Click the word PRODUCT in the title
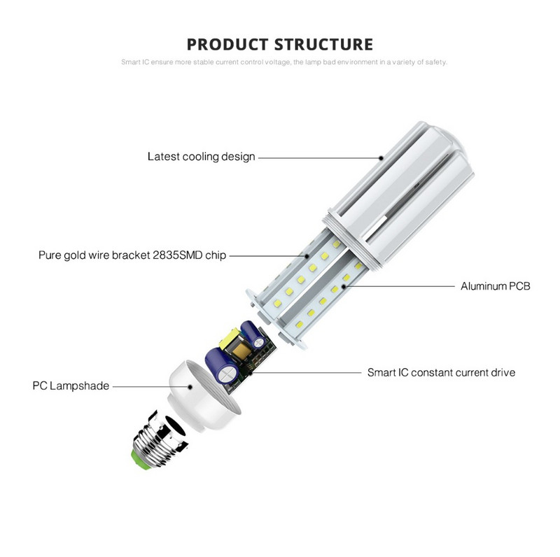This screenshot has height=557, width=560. click(x=230, y=45)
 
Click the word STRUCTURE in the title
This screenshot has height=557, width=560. click(x=323, y=45)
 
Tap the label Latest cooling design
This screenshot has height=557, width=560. click(x=201, y=157)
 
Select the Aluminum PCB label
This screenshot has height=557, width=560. click(x=495, y=286)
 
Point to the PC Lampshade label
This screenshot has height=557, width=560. click(x=70, y=386)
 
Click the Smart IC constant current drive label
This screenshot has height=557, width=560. click(x=441, y=372)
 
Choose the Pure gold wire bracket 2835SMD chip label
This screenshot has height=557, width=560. click(x=132, y=255)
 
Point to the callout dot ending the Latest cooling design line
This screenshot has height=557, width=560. click(x=381, y=157)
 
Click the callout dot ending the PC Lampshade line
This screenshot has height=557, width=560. click(x=190, y=386)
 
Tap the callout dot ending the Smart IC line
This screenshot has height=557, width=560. click(x=250, y=372)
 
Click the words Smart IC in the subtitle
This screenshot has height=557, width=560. click(x=133, y=62)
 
